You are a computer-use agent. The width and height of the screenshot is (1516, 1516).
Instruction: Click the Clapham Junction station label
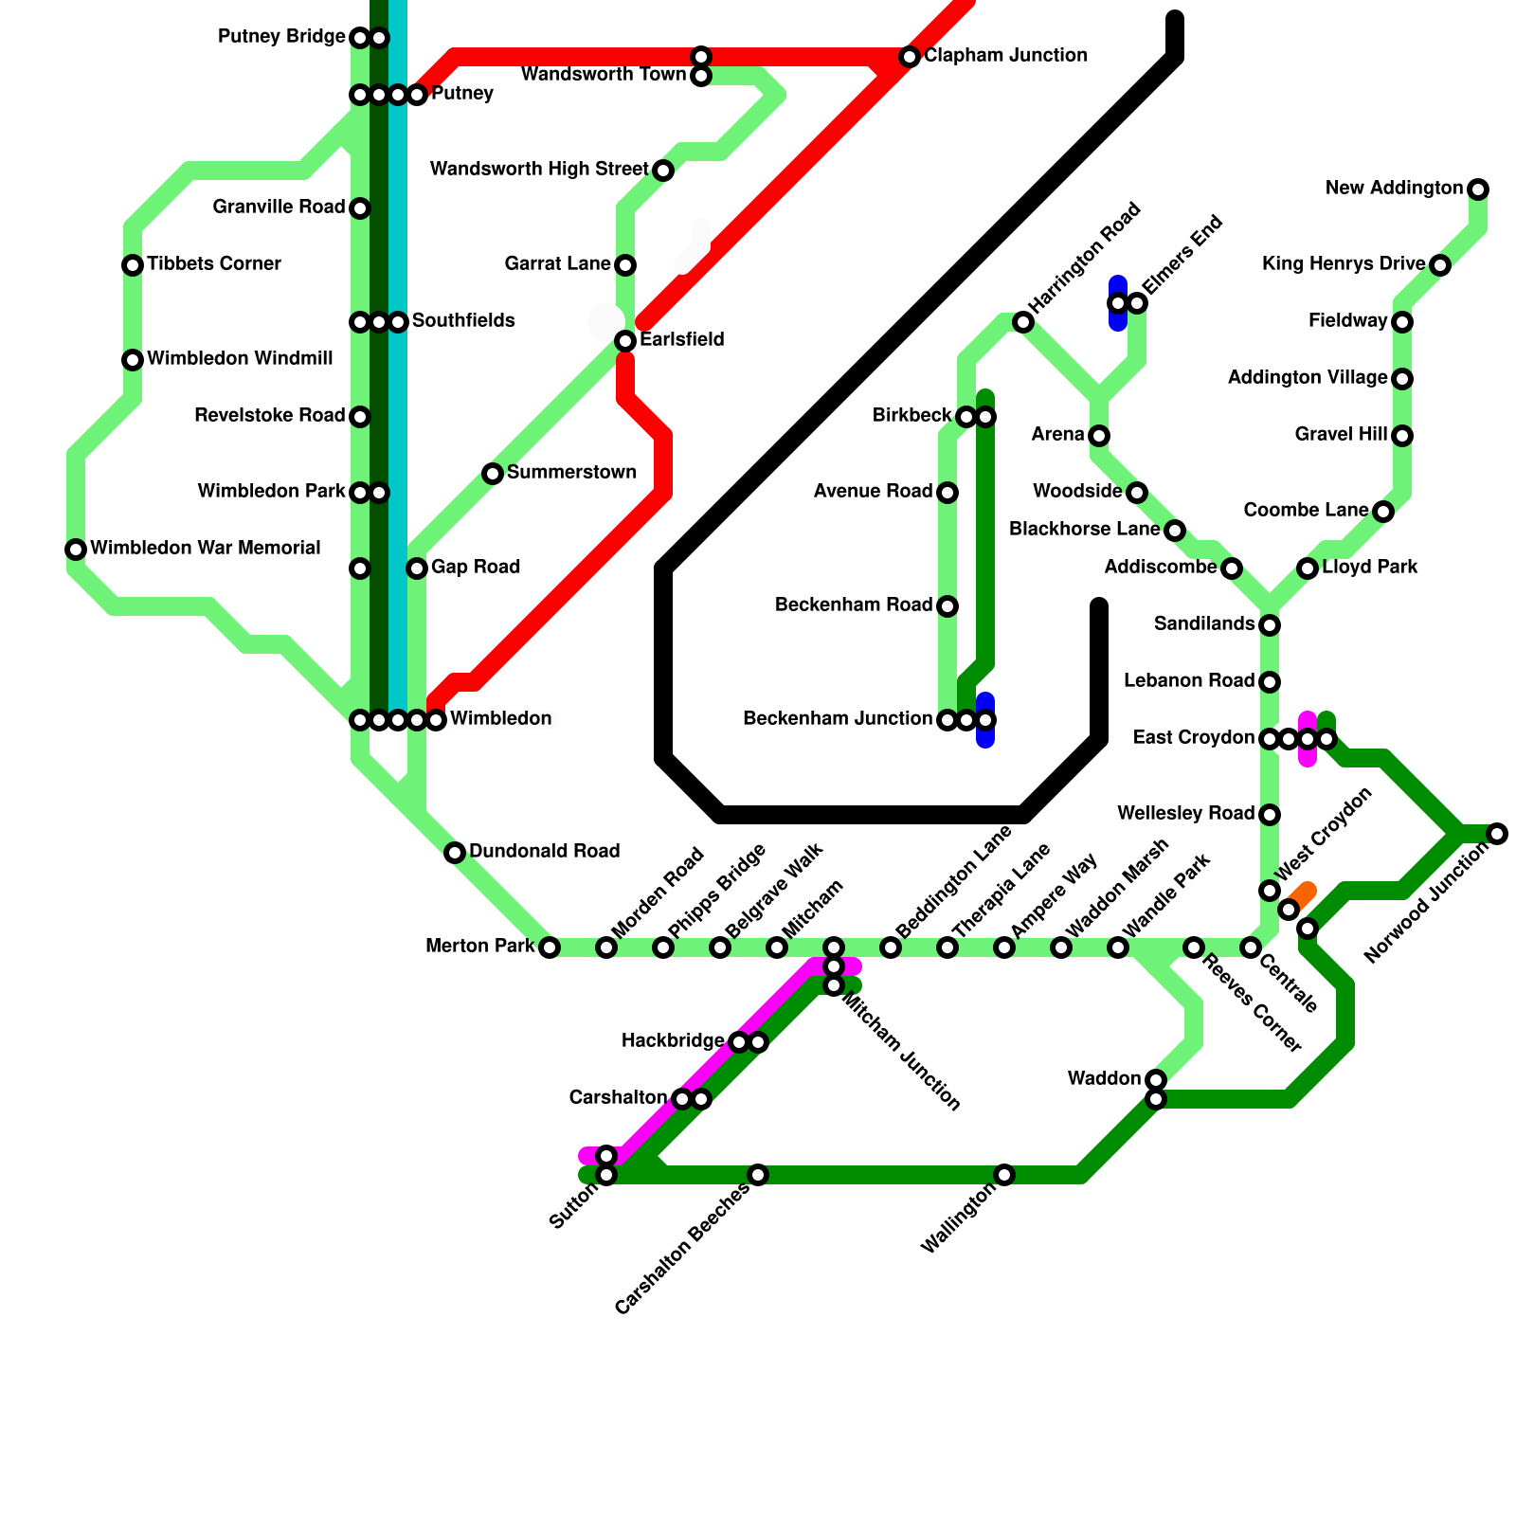point(1005,56)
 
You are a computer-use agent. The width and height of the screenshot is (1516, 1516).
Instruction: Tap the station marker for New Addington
point(1478,189)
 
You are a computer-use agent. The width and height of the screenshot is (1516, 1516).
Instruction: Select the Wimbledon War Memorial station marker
point(76,550)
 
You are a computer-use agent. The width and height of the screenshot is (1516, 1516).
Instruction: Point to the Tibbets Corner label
point(214,264)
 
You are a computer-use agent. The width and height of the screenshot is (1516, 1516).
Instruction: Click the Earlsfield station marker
point(625,341)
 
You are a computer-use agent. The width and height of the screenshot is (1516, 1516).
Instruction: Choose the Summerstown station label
point(571,473)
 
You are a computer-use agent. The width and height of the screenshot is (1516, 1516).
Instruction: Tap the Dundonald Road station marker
point(455,853)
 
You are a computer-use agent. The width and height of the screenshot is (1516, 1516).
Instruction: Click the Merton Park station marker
point(550,947)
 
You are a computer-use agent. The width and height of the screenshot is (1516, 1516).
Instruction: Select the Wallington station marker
point(1004,1175)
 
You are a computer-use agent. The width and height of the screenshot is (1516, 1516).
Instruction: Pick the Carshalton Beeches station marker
point(758,1175)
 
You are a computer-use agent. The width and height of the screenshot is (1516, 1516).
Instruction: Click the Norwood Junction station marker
point(1497,834)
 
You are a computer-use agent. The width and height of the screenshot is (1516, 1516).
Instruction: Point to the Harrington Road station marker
point(1023,322)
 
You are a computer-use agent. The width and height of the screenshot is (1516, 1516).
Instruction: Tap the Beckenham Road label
point(853,605)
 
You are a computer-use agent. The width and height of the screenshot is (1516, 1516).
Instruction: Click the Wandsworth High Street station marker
point(663,171)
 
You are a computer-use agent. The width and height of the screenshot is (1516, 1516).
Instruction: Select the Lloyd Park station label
point(1369,568)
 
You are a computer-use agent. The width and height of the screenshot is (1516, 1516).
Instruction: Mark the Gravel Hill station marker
point(1402,436)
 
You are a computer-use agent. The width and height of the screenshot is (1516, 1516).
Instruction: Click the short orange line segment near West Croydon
point(1302,894)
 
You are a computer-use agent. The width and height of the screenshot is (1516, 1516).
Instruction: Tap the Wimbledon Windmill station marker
point(133,360)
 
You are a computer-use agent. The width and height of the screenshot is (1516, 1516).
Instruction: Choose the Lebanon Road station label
point(1188,681)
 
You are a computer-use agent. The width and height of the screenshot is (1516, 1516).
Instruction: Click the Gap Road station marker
point(417,568)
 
